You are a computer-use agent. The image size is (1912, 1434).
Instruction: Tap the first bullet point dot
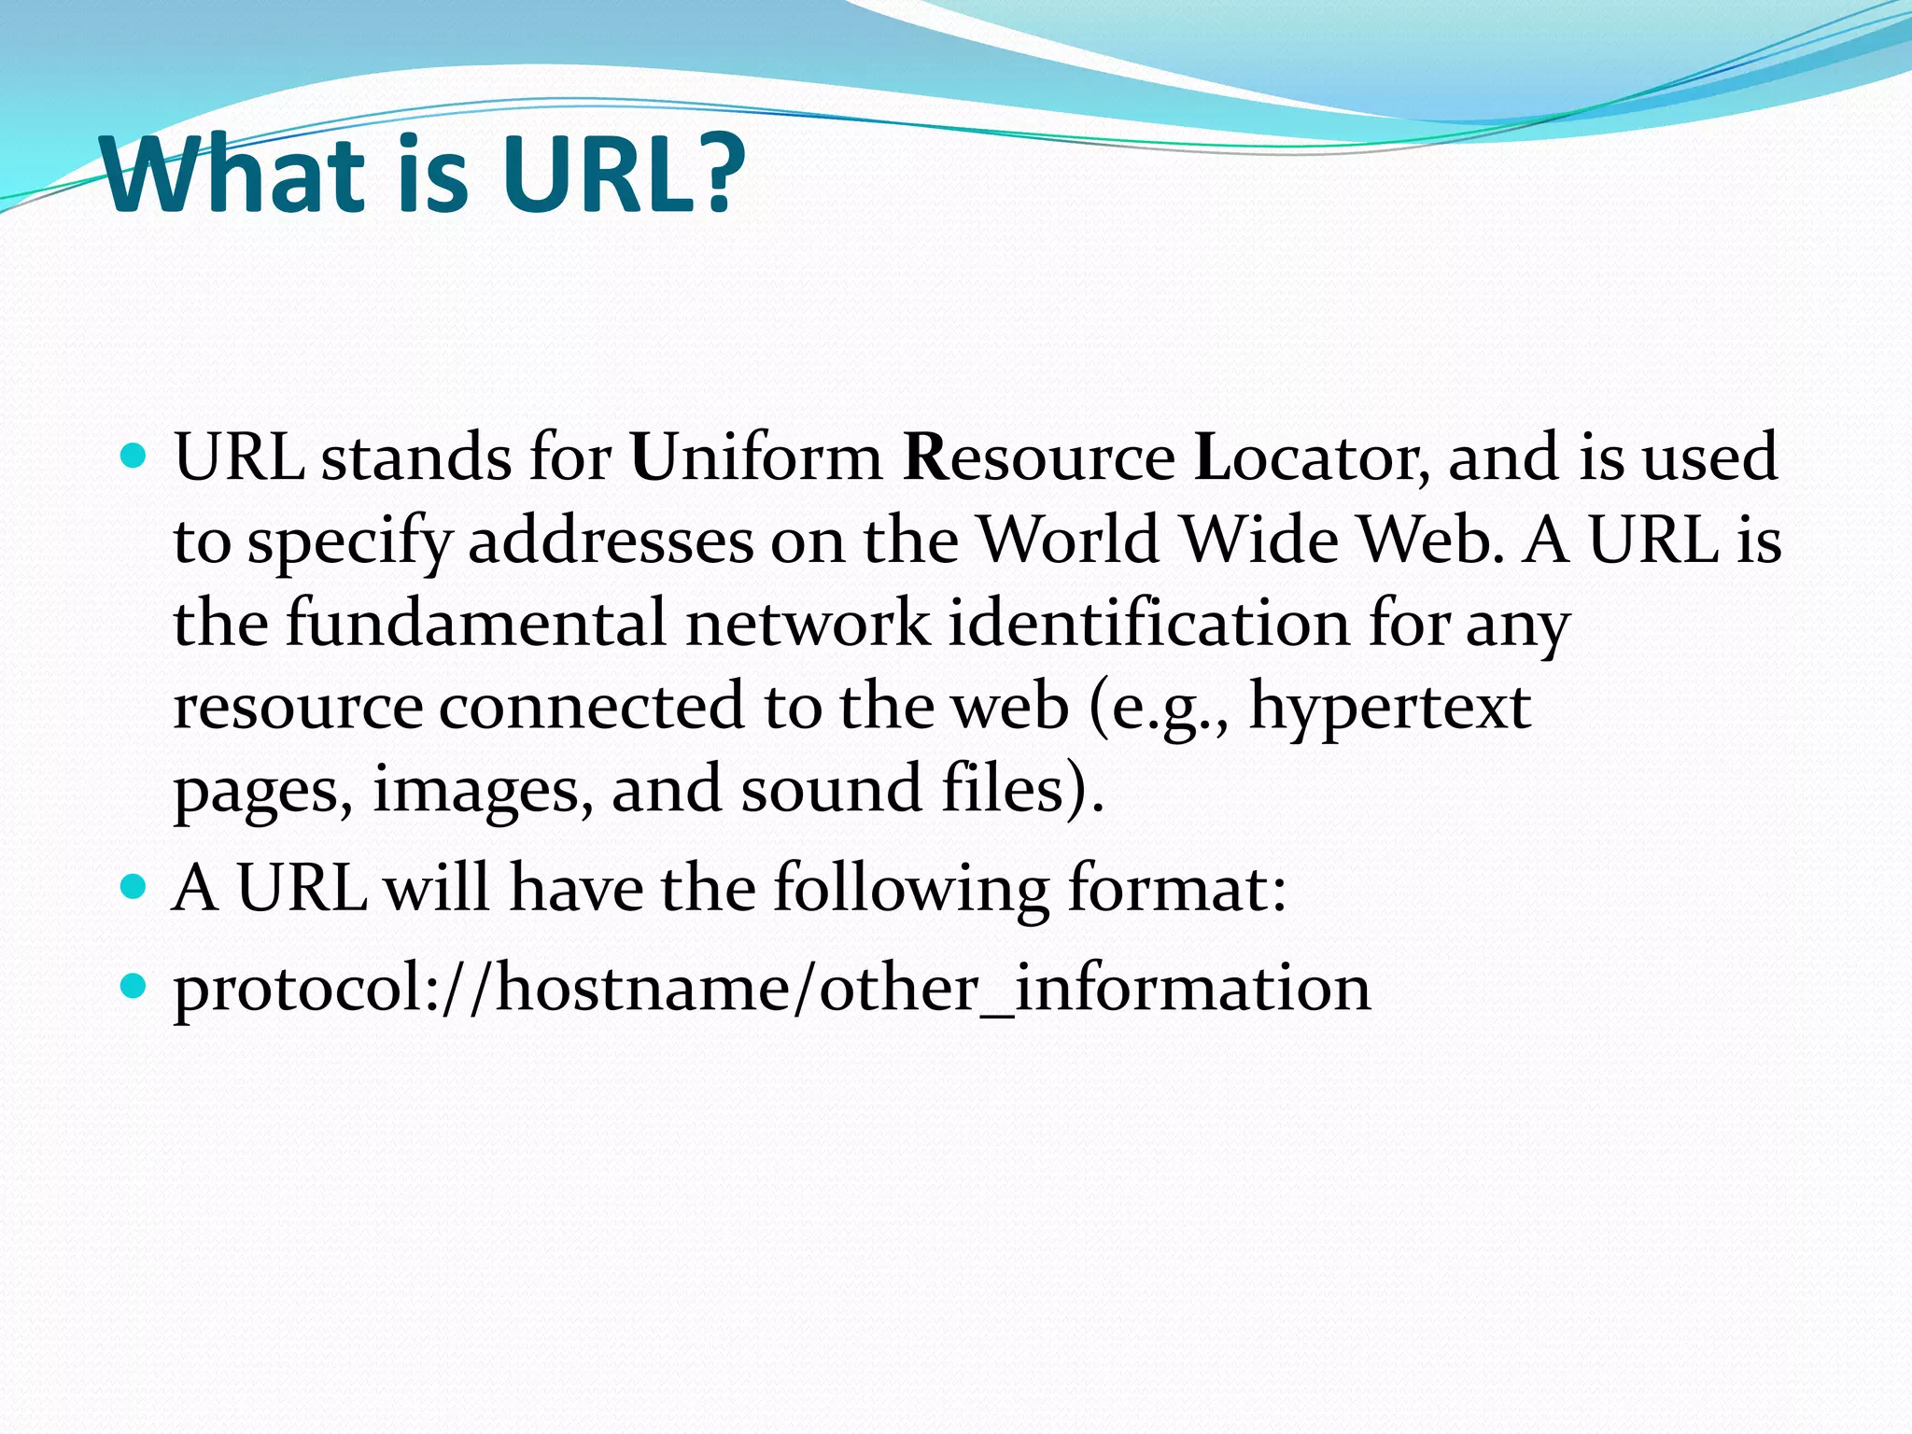[134, 457]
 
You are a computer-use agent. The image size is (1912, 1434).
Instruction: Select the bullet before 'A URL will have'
[134, 886]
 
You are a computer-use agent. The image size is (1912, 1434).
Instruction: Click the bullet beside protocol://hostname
[134, 986]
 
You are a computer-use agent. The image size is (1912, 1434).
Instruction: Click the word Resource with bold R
[1038, 457]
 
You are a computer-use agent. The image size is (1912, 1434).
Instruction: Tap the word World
[1068, 541]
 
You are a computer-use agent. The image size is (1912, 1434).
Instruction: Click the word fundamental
[475, 623]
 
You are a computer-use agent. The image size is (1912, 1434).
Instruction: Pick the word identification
[1148, 623]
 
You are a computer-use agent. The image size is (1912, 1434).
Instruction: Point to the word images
[482, 790]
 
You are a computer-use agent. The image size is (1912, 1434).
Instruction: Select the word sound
[831, 790]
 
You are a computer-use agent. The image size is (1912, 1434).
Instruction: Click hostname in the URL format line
[642, 988]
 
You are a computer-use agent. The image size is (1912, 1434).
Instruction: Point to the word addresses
[610, 541]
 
